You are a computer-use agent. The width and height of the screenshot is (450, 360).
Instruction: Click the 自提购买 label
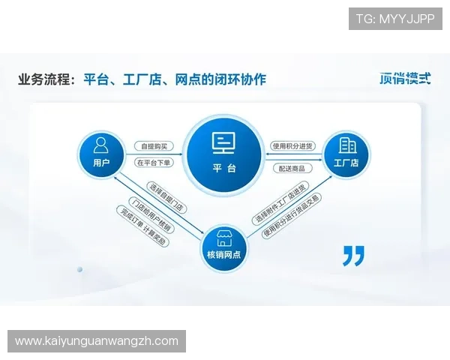[154, 145]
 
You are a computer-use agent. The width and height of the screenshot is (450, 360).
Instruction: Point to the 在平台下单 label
[154, 162]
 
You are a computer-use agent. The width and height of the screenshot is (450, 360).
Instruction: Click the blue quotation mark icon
[353, 256]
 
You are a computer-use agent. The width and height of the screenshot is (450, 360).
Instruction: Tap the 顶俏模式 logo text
[405, 78]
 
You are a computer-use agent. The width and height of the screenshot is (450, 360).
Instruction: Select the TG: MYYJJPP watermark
[395, 18]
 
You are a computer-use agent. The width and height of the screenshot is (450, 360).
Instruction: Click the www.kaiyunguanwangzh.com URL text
[97, 341]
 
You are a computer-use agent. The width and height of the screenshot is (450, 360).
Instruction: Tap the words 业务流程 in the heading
[45, 79]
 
